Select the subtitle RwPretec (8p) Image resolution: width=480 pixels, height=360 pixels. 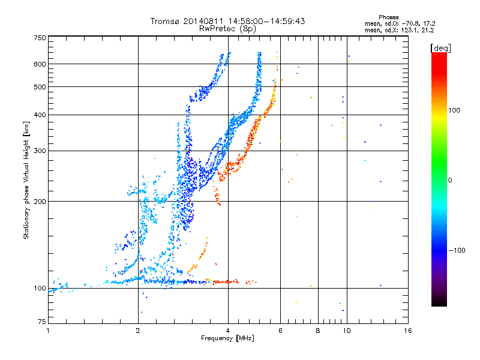(x=227, y=29)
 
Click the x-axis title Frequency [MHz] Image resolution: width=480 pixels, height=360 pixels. (x=227, y=338)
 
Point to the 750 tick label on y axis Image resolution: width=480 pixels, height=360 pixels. (x=40, y=38)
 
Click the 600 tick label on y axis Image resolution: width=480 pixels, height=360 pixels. (x=40, y=64)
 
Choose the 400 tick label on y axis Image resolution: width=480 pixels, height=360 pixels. (x=40, y=115)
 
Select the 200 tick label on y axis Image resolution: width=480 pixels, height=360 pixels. (x=40, y=202)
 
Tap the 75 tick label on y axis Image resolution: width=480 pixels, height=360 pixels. (x=42, y=322)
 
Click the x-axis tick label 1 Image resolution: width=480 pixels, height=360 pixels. (x=48, y=331)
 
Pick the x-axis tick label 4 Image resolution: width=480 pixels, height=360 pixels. (x=228, y=331)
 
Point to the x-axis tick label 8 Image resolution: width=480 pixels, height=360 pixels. (x=318, y=331)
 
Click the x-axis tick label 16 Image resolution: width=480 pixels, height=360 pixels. (x=408, y=331)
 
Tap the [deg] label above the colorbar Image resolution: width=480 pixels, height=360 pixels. (x=440, y=49)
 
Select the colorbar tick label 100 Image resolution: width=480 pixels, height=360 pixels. (x=454, y=110)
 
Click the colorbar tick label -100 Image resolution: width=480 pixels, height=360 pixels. (x=457, y=250)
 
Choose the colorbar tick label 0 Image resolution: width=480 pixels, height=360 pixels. (x=450, y=181)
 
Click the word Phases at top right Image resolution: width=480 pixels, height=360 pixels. (x=388, y=17)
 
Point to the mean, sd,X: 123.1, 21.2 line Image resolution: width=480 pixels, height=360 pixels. (x=399, y=31)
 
